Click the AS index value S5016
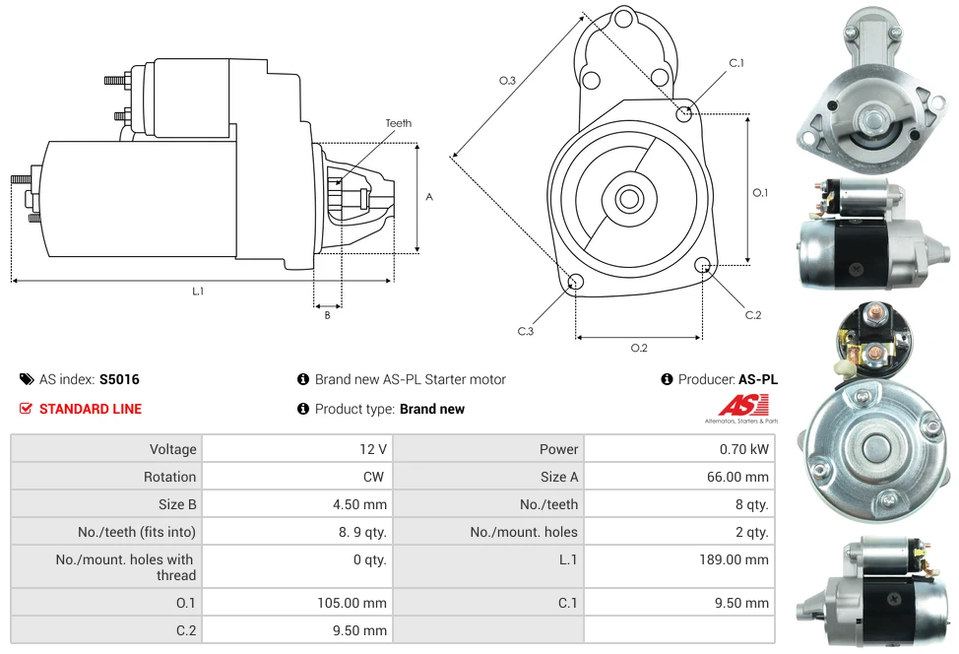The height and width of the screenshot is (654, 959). pyautogui.click(x=119, y=379)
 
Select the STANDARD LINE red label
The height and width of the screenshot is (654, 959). pyautogui.click(x=90, y=409)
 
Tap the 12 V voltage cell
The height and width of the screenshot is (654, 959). pyautogui.click(x=372, y=449)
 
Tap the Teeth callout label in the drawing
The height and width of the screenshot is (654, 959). pyautogui.click(x=398, y=123)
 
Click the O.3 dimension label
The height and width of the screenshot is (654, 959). pyautogui.click(x=507, y=81)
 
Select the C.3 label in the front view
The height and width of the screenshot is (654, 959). pyautogui.click(x=525, y=331)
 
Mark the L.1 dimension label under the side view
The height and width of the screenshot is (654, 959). pyautogui.click(x=198, y=291)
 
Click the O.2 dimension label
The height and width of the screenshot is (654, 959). pyautogui.click(x=638, y=347)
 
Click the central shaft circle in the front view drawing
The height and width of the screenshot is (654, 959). pyautogui.click(x=628, y=199)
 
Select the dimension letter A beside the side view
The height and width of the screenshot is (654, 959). pyautogui.click(x=428, y=197)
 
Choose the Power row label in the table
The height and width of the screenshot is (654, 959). pyautogui.click(x=558, y=449)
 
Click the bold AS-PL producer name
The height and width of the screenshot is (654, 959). pyautogui.click(x=757, y=379)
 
